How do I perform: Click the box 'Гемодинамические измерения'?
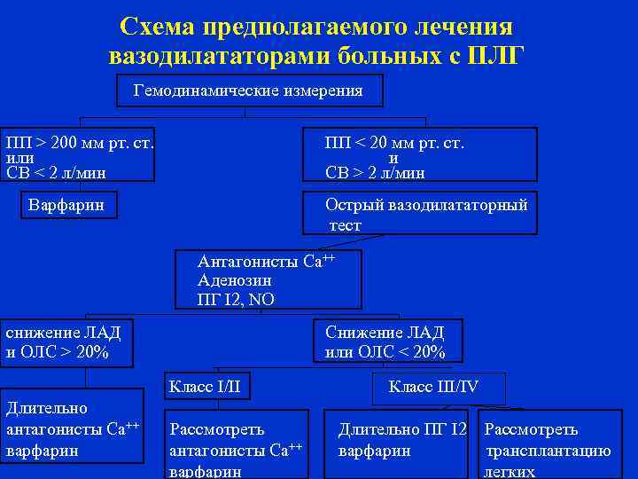pos(250,91)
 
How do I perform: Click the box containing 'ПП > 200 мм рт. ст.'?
pos(78,156)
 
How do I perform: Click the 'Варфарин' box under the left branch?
pos(66,206)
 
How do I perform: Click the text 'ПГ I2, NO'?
pos(236,300)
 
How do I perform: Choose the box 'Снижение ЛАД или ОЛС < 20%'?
pos(385,342)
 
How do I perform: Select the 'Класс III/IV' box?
pos(434,386)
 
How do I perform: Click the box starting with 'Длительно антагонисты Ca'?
pos(72,428)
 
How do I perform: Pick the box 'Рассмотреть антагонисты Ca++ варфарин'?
pos(237,449)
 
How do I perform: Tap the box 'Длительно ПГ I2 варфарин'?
pos(401,440)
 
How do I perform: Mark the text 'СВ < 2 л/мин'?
pos(60,172)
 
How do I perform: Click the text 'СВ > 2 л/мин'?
pos(375,172)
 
